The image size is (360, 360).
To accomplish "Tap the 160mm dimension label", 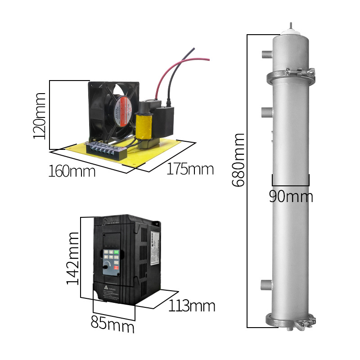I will [72, 171].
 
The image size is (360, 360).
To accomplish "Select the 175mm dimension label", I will [190, 169].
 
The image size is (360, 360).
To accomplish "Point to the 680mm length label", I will [238, 160].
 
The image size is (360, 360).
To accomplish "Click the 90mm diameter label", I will [291, 197].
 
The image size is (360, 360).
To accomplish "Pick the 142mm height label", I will [73, 258].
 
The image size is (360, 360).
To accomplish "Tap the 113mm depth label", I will [192, 306].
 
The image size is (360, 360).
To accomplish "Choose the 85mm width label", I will [112, 324].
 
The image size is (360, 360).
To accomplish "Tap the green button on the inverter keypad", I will [117, 252].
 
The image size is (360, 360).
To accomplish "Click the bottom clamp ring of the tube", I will [291, 321].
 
